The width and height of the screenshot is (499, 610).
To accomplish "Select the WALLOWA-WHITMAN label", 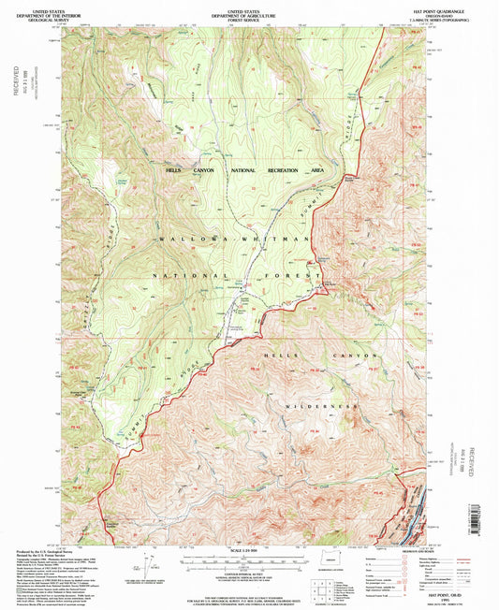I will tap(234, 240).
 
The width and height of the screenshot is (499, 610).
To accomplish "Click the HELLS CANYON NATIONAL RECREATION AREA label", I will tap(245, 170).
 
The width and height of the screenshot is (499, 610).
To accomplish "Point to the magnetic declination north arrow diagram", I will tap(148, 564).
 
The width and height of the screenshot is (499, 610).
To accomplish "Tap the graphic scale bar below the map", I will tap(248, 559).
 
